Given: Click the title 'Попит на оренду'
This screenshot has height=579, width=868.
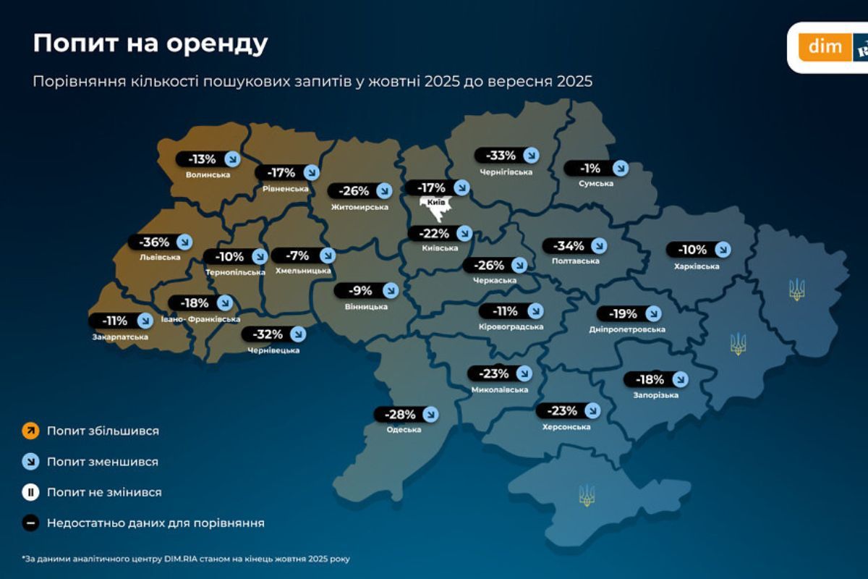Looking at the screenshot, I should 150,44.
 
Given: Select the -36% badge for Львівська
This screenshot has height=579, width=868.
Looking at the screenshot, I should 160,242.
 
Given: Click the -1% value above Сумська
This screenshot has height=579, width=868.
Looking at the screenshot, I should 591,169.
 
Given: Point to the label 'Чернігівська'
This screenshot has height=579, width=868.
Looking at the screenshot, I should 506,172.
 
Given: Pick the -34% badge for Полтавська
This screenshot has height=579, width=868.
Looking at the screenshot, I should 575,246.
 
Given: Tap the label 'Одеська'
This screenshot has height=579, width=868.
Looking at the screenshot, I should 404,430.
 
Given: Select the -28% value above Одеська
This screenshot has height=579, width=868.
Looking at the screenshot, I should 399,415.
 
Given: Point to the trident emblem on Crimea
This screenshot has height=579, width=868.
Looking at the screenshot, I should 587,495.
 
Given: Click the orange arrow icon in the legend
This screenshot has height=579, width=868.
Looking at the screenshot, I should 30,431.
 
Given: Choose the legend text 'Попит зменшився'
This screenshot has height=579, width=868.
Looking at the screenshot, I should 103,462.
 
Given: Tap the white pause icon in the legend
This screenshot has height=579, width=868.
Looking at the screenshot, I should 30,492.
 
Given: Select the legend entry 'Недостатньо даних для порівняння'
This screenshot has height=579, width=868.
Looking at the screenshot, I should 156,523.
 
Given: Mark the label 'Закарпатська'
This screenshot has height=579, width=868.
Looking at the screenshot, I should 120,337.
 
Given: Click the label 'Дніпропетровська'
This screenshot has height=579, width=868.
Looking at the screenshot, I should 627,329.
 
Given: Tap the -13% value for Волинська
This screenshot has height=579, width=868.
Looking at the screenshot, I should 201,159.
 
